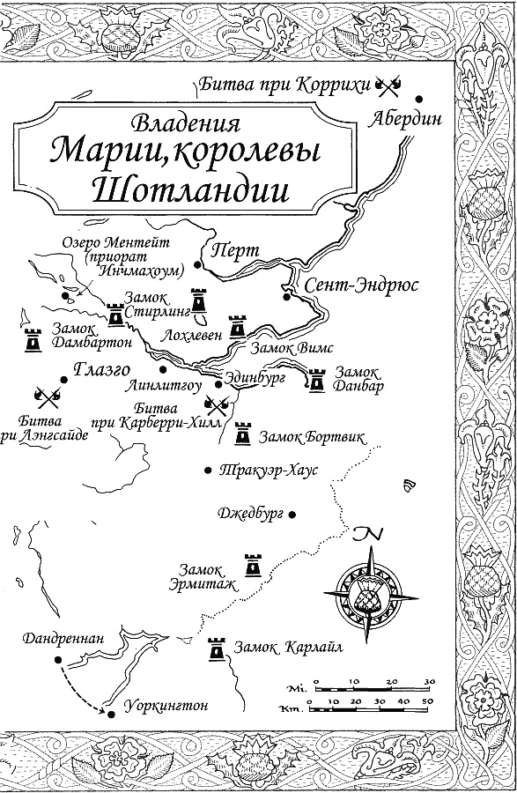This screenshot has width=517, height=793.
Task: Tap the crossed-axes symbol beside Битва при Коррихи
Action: (388, 85)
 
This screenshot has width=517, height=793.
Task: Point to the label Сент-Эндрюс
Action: (361, 286)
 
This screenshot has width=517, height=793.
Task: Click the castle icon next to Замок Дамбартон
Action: (33, 337)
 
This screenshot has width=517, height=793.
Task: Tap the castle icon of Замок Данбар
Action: (315, 378)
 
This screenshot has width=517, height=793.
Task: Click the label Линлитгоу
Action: (168, 384)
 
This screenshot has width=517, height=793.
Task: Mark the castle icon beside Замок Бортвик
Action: (242, 434)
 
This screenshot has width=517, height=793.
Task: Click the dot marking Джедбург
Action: (292, 514)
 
